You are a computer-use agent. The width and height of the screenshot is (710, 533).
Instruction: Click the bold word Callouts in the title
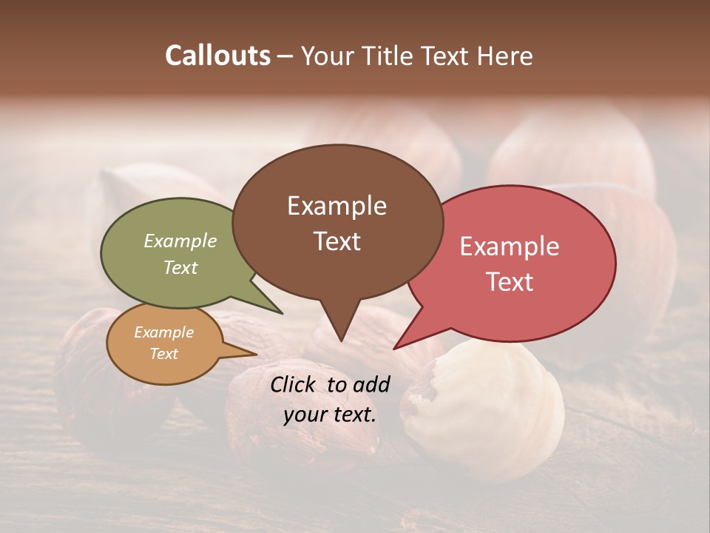218,56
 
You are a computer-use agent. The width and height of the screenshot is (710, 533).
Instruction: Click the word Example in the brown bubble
337,206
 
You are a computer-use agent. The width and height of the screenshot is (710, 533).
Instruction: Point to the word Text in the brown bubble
337,241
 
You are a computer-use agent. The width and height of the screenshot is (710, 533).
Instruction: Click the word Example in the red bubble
510,247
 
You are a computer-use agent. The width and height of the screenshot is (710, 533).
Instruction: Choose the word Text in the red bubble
510,281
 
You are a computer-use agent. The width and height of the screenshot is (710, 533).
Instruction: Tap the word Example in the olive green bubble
180,241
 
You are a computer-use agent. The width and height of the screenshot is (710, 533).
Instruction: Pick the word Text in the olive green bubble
180,267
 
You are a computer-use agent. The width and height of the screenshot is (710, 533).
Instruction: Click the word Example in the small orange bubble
164,332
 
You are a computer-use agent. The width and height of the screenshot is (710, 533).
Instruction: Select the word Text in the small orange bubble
164,354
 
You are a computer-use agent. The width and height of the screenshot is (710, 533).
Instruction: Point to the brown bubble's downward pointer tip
341,341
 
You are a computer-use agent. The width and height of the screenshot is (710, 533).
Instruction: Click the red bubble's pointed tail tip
394,349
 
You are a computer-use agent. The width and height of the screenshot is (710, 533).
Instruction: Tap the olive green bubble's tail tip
282,313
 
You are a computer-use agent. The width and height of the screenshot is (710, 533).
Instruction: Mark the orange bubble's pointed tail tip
256,354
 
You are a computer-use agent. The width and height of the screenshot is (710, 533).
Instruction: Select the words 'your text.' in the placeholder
330,414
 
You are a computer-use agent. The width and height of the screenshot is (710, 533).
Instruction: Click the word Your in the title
331,56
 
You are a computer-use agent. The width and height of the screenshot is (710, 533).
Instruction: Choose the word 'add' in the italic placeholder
371,384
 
